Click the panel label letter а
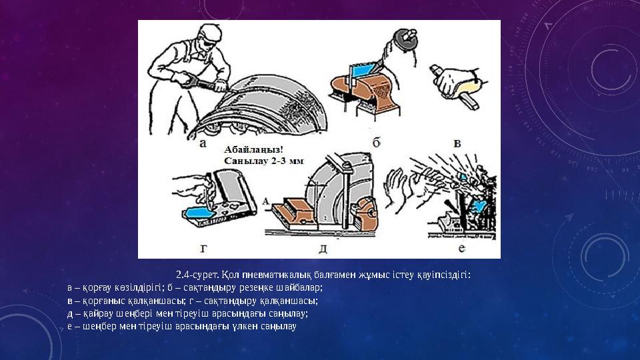[203, 143]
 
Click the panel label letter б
[377, 141]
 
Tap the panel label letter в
[457, 142]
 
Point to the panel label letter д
[323, 249]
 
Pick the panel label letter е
[461, 248]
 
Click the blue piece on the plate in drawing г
[197, 214]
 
